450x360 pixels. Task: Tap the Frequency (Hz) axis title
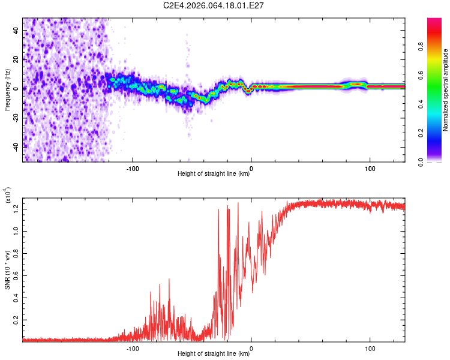8,89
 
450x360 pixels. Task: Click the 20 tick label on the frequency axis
15,59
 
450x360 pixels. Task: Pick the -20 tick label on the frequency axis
15,118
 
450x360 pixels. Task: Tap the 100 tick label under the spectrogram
370,168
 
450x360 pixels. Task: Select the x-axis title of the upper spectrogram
214,175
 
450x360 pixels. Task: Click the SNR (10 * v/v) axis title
8,270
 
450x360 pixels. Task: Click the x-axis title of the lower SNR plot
214,354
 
